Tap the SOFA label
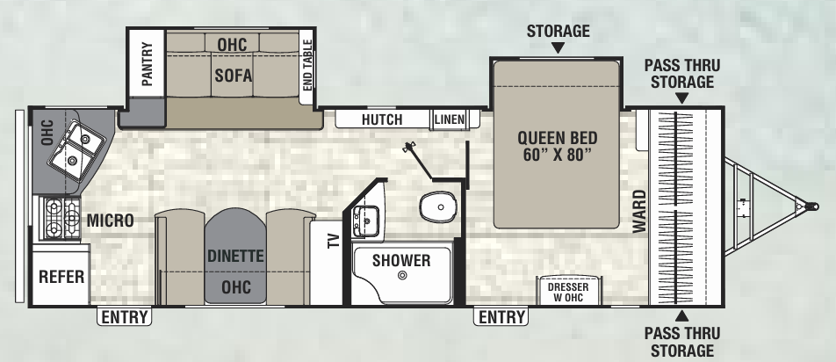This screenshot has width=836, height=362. coord(233,76)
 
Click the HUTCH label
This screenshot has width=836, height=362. coord(381,119)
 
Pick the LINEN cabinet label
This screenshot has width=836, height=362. coord(448,119)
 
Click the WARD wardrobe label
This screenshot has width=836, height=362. coord(639,211)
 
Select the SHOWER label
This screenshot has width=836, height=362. coord(400,260)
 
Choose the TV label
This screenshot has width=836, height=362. coord(333,241)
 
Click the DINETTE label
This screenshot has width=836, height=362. coord(236,257)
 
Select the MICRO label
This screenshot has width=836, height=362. coord(110,220)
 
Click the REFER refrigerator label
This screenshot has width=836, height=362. coord(61,278)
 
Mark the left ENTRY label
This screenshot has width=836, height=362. coord(124,317)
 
